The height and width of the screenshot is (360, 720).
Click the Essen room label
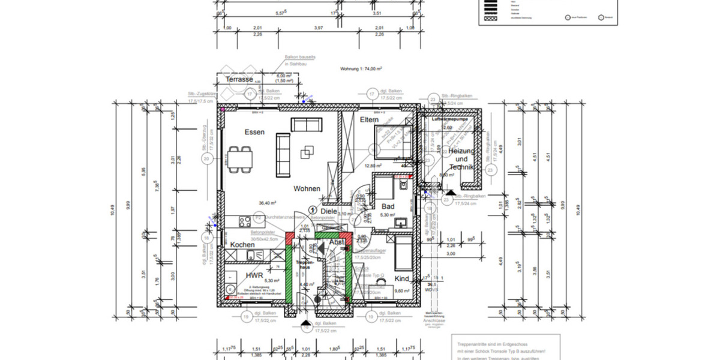254,131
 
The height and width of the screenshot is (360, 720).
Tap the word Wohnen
307,188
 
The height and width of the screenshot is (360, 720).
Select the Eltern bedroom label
370,120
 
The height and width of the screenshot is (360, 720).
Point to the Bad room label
388,206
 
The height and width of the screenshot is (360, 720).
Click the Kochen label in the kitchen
243,245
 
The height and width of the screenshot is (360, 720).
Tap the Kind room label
401,278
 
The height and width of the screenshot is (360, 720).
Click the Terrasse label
239,79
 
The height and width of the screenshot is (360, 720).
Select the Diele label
329,211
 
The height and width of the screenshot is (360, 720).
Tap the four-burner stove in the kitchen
245,221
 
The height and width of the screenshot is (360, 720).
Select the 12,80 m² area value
373,166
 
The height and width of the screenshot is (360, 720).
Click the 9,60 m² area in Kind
401,290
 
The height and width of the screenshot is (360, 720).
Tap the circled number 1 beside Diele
313,209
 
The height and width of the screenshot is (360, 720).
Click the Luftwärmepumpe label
449,120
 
